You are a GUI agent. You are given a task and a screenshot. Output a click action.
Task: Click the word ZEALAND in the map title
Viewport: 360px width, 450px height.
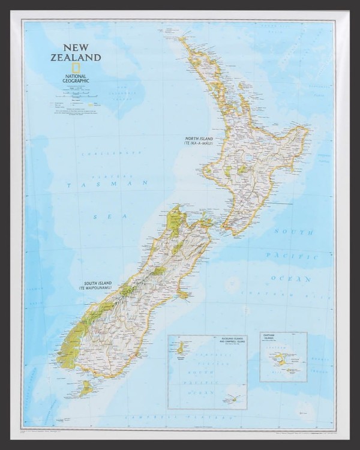(76, 58)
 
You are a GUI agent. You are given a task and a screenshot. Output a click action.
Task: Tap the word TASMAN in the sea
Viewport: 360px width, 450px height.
(107, 185)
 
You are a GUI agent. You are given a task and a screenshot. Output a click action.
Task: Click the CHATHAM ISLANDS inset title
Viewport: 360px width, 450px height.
(269, 337)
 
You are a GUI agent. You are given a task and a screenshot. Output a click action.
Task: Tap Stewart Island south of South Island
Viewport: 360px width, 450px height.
(86, 388)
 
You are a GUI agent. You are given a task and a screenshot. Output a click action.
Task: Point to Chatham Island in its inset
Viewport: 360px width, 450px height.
(279, 359)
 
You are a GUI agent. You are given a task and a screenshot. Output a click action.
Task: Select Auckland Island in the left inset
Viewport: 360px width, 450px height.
(179, 348)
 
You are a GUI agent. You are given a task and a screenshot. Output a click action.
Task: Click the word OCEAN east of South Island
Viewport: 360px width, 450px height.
(290, 278)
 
